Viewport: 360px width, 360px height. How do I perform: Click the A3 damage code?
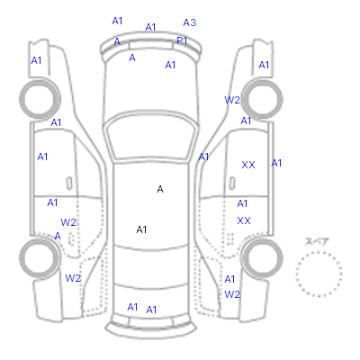click(190, 22)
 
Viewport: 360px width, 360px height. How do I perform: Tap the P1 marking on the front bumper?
click(182, 40)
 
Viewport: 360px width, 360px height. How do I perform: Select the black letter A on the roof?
click(160, 189)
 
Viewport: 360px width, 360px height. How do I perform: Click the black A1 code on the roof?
click(141, 229)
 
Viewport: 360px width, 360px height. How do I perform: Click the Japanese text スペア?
click(317, 242)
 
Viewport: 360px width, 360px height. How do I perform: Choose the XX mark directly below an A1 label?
click(244, 221)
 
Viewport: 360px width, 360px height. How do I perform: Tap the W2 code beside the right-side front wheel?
click(232, 100)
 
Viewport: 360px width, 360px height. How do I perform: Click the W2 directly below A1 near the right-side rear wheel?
click(232, 294)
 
